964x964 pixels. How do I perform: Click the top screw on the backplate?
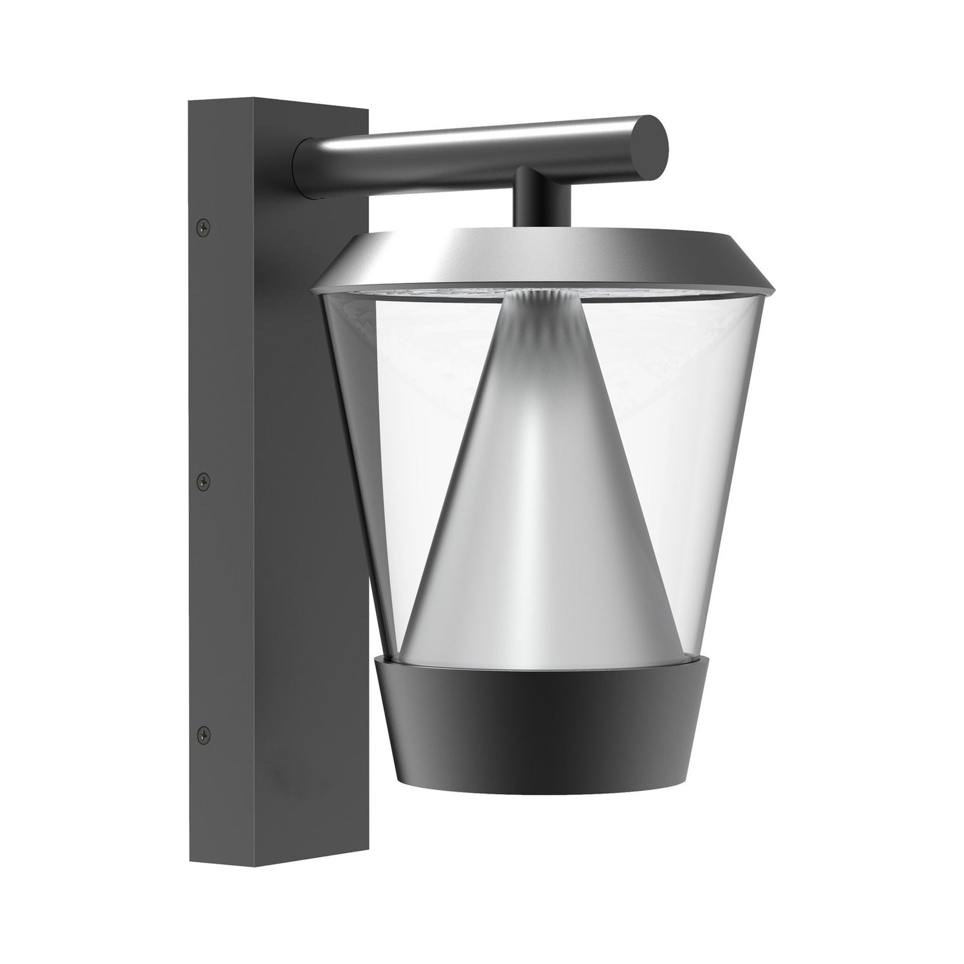(204, 226)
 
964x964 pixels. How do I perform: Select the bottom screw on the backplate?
(204, 732)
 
